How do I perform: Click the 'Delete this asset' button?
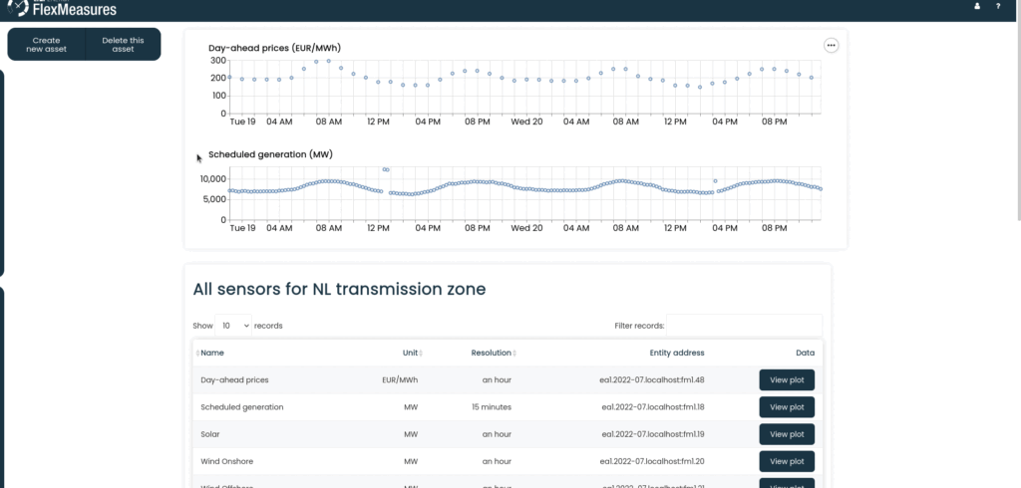coord(123,44)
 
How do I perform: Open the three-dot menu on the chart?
coord(831,45)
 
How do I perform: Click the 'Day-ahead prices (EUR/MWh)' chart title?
coord(274,48)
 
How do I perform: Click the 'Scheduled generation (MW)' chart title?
coord(270,154)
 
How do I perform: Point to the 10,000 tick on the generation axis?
coord(211,179)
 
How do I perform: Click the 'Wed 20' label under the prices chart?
coord(526,122)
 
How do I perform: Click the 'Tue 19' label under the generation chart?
coord(242,228)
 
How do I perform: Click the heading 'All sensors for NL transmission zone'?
coord(339,290)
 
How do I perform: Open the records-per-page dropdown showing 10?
coord(234,326)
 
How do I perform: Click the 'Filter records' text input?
coord(744,326)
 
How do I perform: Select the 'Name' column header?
coord(212,353)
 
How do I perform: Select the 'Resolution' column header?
coord(491,353)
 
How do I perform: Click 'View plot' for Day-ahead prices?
coord(787,379)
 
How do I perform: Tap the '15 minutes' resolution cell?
coord(491,406)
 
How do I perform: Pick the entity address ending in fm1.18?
coord(652,406)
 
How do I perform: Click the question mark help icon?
coord(998,7)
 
